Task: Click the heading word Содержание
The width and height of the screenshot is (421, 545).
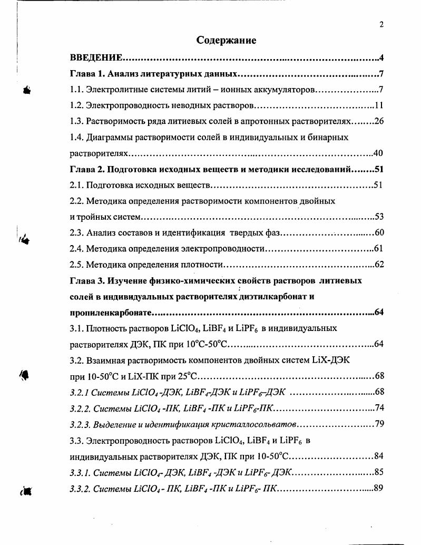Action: pos(226,40)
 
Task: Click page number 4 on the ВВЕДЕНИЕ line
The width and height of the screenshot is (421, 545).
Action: pos(380,57)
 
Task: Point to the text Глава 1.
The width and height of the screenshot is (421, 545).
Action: pos(87,73)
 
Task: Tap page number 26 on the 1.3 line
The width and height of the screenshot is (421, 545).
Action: pos(378,121)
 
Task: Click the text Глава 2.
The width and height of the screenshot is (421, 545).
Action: pos(87,170)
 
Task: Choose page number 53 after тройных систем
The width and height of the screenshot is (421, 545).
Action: pos(378,217)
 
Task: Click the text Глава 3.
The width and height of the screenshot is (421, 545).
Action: pos(87,280)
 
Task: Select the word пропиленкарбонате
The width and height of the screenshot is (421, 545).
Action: pos(111,313)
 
